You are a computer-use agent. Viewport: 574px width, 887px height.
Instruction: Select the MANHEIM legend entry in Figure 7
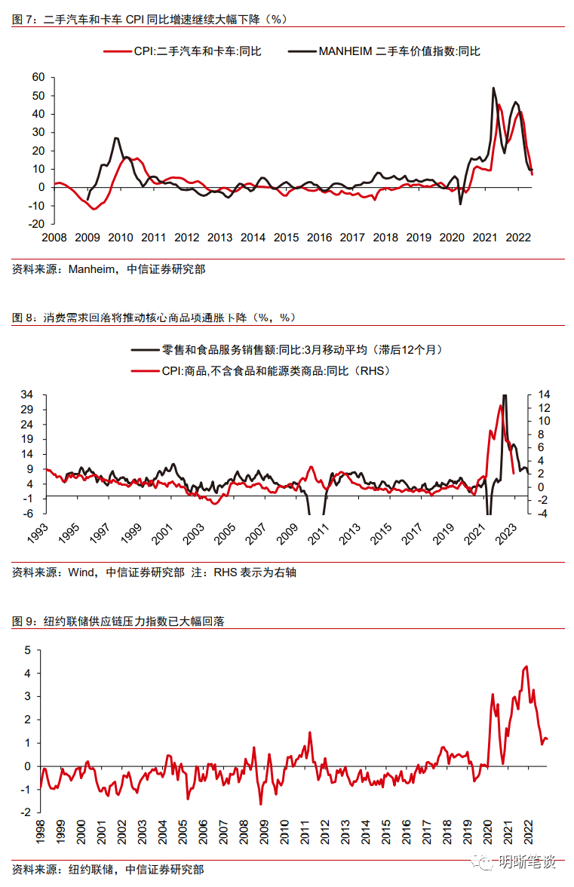(399, 51)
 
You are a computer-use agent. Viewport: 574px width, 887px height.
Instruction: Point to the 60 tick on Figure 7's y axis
(38, 78)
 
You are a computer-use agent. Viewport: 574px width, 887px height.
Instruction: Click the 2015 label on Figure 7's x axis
(286, 238)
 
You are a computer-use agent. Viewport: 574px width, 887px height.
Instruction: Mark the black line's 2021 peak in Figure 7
(493, 88)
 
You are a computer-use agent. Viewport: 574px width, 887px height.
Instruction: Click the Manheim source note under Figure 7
(109, 269)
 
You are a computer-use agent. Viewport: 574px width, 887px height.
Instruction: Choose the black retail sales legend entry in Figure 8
(301, 349)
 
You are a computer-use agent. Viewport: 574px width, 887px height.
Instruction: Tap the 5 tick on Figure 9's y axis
(28, 649)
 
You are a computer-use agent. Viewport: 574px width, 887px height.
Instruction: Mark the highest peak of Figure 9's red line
(526, 666)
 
